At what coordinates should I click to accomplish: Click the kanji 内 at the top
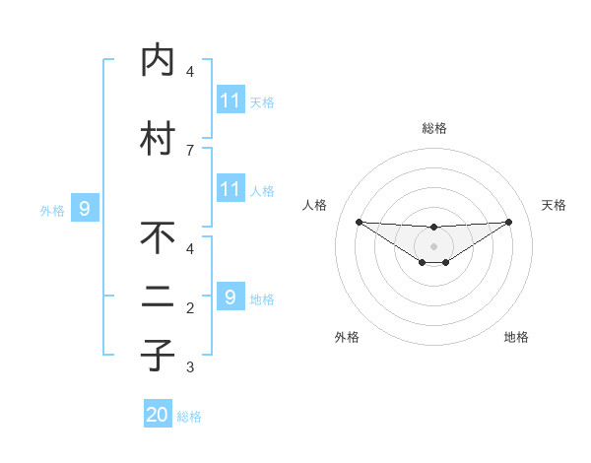(158, 61)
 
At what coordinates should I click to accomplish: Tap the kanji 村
(158, 139)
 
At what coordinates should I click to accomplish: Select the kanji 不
(158, 238)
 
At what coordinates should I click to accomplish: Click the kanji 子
(158, 355)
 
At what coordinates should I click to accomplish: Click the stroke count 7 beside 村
(190, 150)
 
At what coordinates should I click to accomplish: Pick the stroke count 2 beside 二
(190, 308)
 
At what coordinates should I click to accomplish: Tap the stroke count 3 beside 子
(190, 367)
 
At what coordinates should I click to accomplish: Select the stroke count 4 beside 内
(190, 72)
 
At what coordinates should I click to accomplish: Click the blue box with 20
(158, 415)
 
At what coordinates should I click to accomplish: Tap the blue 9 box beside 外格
(85, 208)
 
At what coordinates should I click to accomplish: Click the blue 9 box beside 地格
(230, 297)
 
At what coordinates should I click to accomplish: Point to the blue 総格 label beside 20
(189, 417)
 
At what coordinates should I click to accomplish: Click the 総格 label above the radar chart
(433, 128)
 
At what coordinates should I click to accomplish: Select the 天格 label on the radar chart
(555, 205)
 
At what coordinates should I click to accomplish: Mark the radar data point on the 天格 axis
(508, 221)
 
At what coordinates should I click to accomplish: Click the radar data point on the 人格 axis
(359, 221)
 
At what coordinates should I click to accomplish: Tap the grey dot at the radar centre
(433, 245)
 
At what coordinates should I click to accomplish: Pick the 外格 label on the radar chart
(347, 337)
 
